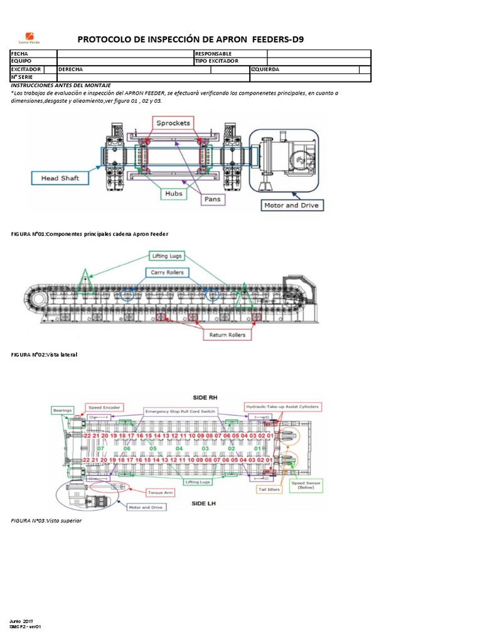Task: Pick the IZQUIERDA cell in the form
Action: click(265, 70)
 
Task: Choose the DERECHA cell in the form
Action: click(70, 70)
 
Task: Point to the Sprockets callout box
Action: click(173, 123)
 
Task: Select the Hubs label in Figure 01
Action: click(174, 194)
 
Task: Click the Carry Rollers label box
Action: click(167, 273)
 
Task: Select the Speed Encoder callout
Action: click(104, 407)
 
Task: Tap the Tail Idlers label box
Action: click(267, 490)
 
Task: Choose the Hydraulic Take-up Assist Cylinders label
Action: click(282, 407)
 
